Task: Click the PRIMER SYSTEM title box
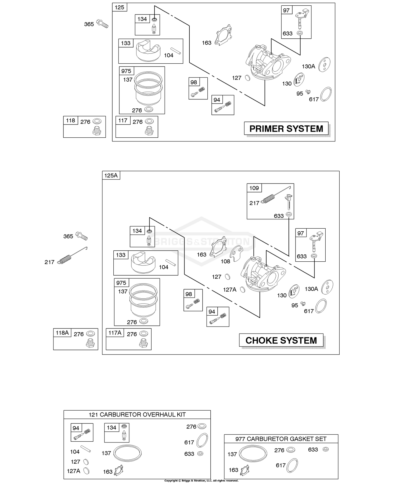[286, 129]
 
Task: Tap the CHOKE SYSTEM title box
[281, 340]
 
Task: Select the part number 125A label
[111, 175]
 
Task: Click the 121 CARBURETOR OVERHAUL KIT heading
[137, 415]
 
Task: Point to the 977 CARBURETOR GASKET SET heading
[281, 439]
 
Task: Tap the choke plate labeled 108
[237, 253]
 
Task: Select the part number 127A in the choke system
[230, 290]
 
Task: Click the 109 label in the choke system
[254, 188]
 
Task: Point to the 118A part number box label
[62, 333]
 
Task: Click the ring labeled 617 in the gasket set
[292, 465]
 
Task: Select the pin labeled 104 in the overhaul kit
[86, 449]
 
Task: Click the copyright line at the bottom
[201, 481]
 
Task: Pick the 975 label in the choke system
[121, 283]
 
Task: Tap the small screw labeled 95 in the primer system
[308, 92]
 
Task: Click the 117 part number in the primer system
[123, 120]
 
